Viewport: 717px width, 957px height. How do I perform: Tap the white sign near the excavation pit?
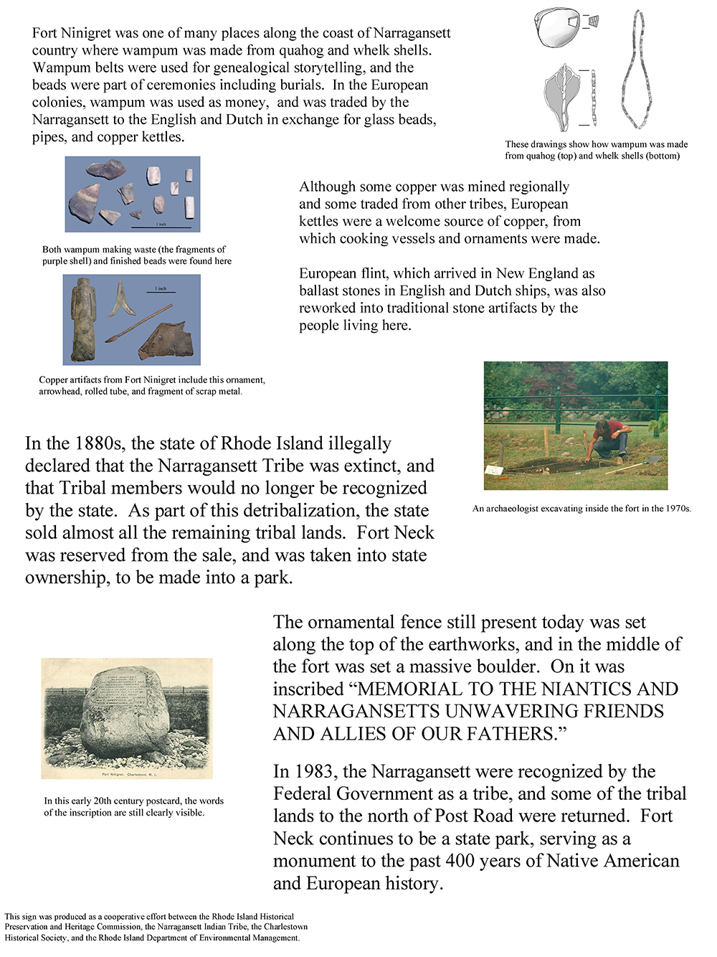(x=494, y=471)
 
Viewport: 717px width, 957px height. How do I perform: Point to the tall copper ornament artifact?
(x=83, y=320)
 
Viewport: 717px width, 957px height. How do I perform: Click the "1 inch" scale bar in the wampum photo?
(x=162, y=225)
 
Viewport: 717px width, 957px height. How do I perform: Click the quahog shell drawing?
(x=558, y=29)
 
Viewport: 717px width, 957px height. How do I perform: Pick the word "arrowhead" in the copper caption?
(x=60, y=392)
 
